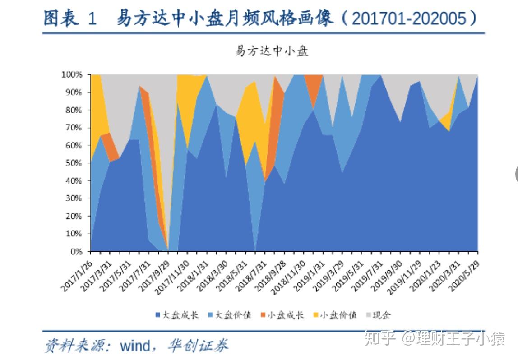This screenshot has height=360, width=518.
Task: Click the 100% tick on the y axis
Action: pyautogui.click(x=72, y=74)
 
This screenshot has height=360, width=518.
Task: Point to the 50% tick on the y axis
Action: pyautogui.click(x=73, y=163)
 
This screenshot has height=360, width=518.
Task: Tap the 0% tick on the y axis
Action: pyautogui.click(x=75, y=251)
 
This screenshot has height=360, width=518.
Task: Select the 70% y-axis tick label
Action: pyautogui.click(x=73, y=128)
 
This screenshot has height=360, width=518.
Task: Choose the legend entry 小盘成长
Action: pyautogui.click(x=286, y=315)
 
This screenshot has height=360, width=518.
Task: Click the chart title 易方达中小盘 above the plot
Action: pyautogui.click(x=271, y=51)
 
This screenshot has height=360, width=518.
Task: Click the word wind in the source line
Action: pyautogui.click(x=134, y=346)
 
